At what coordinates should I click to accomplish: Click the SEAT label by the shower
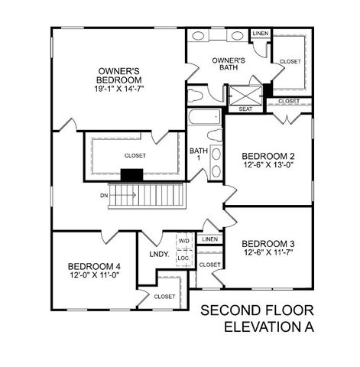(x=245, y=109)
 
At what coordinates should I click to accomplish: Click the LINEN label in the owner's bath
(x=260, y=34)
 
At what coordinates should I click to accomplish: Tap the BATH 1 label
(x=198, y=154)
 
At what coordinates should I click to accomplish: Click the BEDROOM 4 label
(x=93, y=268)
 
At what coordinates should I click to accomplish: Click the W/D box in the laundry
(x=184, y=240)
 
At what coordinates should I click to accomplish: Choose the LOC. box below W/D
(x=184, y=258)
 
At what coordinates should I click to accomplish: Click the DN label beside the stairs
(x=103, y=196)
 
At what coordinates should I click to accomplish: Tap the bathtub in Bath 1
(x=203, y=119)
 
